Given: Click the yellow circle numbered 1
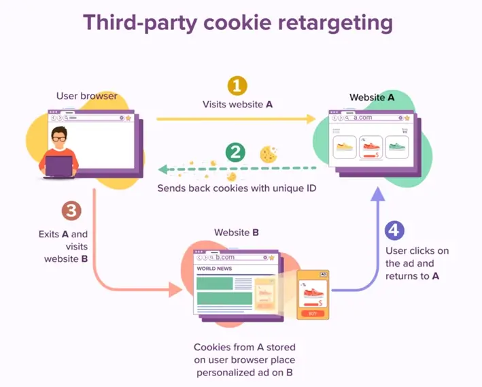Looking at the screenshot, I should (237, 86).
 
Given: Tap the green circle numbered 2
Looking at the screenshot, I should (235, 152).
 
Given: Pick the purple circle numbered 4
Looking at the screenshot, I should (395, 230).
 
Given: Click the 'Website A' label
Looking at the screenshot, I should (371, 97).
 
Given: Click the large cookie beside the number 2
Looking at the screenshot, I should (269, 154).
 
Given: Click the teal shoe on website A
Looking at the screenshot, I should (396, 146).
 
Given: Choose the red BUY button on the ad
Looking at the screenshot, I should (313, 314).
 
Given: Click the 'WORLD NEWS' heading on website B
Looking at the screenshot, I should (215, 269).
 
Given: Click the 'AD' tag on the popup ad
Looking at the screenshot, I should (323, 273).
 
